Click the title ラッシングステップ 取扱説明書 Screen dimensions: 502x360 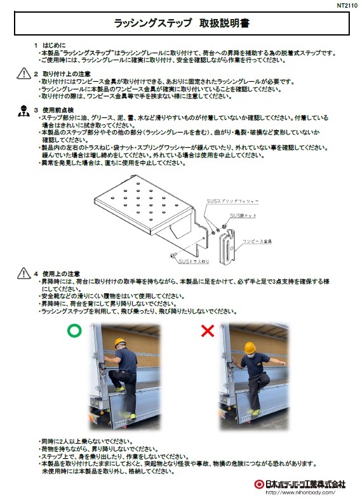(x=180, y=24)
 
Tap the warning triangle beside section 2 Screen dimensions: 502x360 (x=22, y=74)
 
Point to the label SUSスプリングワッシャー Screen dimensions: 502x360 (x=232, y=201)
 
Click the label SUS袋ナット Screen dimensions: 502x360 (x=243, y=216)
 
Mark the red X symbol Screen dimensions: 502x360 (x=206, y=330)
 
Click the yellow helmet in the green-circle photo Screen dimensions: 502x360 (x=122, y=344)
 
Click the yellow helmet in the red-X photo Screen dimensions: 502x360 (x=250, y=347)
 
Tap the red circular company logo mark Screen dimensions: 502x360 (x=258, y=484)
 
